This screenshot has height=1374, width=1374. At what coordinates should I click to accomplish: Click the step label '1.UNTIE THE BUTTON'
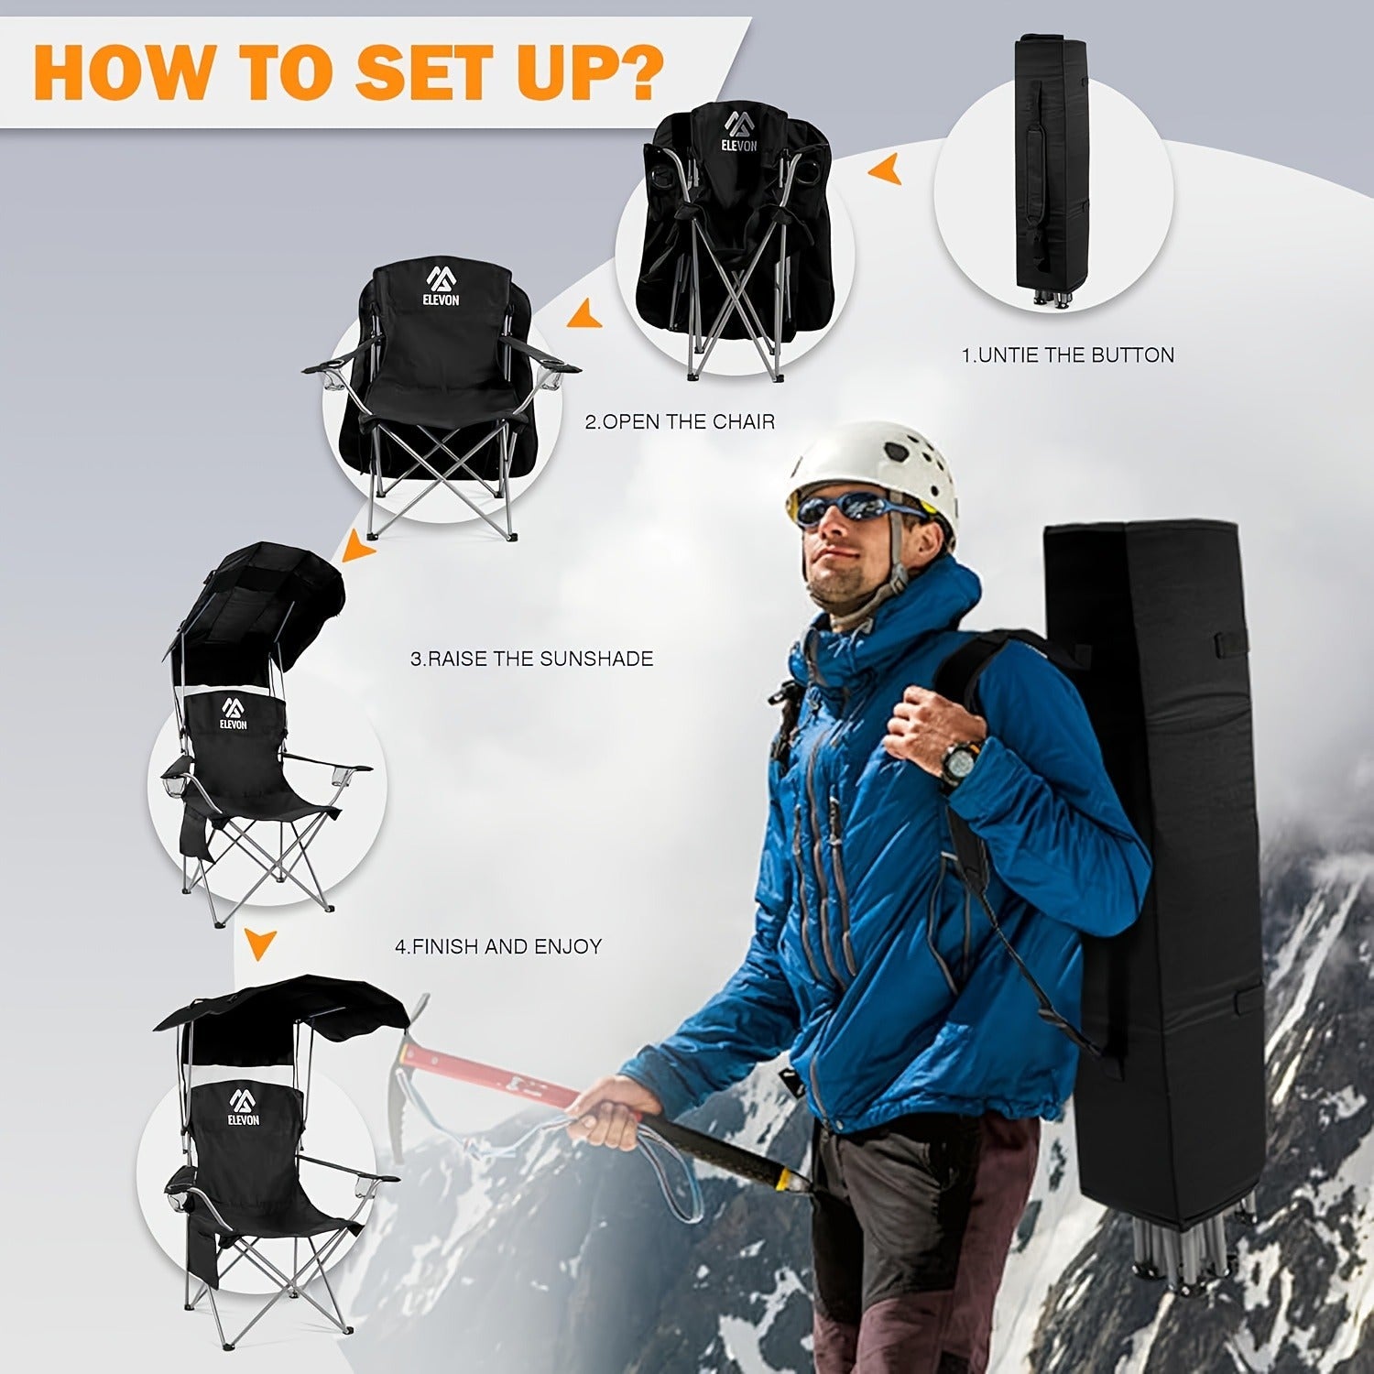point(1067,355)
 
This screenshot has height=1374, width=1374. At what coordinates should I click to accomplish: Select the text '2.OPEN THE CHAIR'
point(680,422)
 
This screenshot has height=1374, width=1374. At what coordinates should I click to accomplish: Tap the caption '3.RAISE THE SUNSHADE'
point(531,659)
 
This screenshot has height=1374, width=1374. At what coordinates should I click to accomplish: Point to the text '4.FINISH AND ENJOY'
point(498,946)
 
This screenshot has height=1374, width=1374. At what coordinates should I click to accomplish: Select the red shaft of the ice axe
point(499,1067)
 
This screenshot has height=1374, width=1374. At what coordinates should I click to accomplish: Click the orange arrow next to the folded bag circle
point(887,170)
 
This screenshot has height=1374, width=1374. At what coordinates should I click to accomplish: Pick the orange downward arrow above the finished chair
point(261,944)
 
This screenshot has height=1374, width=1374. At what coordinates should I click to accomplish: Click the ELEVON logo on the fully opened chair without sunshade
point(442,286)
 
